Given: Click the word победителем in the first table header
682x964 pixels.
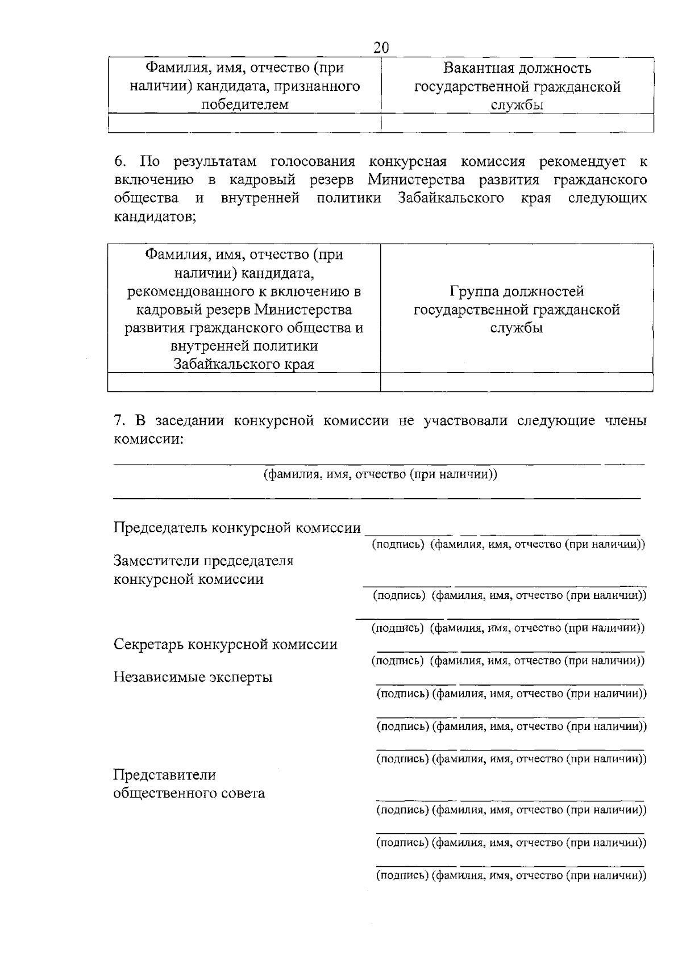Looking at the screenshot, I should [x=244, y=105].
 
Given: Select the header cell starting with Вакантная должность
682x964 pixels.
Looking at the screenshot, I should [x=517, y=86].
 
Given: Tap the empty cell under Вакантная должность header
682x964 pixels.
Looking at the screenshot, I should [x=517, y=123].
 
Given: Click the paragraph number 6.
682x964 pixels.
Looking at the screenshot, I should [x=119, y=162].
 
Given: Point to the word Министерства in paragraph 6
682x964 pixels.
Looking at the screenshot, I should [x=416, y=180].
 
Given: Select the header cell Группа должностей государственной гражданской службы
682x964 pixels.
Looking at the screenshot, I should [x=517, y=310].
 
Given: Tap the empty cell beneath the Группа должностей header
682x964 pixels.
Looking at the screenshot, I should [x=517, y=382].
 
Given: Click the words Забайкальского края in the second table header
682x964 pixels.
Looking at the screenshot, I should [x=244, y=364].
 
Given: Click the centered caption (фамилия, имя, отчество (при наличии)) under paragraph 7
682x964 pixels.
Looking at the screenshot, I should [x=380, y=474].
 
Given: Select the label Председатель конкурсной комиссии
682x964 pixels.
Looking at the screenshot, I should [x=237, y=528].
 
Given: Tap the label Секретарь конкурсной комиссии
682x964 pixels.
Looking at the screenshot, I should [x=226, y=645].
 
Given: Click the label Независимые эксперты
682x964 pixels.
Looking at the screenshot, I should [x=193, y=677].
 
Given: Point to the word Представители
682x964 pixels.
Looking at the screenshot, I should [x=165, y=775].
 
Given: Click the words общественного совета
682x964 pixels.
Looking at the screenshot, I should [x=189, y=793].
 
